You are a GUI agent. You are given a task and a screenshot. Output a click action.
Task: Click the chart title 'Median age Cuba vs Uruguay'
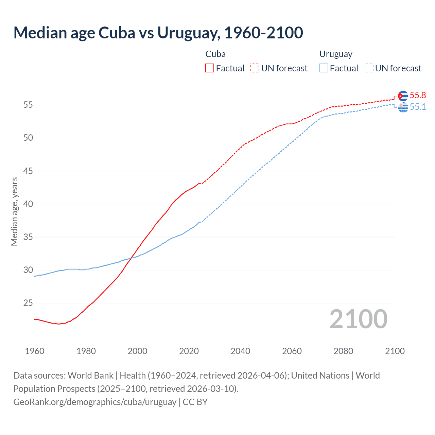(x=158, y=33)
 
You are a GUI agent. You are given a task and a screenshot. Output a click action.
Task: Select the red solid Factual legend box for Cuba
(x=210, y=68)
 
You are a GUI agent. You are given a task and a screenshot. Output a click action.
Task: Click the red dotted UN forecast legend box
(x=255, y=68)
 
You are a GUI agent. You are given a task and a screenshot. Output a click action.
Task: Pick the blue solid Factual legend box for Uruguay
(x=324, y=68)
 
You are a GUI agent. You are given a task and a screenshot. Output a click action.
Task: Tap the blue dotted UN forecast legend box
(x=369, y=68)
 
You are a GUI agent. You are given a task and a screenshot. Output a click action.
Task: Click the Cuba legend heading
(x=215, y=54)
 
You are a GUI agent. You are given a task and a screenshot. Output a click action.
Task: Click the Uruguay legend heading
(x=336, y=54)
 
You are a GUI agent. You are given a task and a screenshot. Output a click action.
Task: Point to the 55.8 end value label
(x=418, y=95)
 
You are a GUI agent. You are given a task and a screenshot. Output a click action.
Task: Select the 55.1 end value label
(x=418, y=107)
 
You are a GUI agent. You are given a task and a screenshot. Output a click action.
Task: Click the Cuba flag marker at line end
(x=403, y=96)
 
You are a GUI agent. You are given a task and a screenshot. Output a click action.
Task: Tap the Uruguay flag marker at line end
(x=403, y=107)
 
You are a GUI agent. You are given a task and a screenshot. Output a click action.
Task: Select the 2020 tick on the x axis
(x=189, y=351)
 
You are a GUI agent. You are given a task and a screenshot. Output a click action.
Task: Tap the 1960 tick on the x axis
(x=35, y=351)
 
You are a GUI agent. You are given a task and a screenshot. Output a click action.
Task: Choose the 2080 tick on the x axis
(x=343, y=351)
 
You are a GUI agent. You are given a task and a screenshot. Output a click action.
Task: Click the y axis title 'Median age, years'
(x=14, y=211)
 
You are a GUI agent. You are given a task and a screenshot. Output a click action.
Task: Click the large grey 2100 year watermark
(x=358, y=319)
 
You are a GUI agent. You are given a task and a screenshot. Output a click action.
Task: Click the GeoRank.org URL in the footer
(x=95, y=402)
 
